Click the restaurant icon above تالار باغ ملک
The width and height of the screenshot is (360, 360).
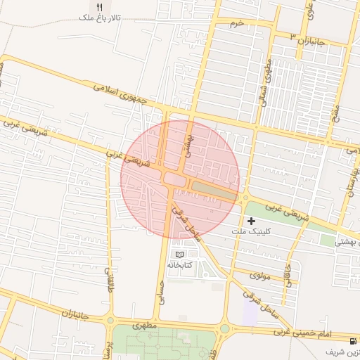tap(99, 6)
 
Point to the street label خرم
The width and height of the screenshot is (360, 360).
tap(237, 23)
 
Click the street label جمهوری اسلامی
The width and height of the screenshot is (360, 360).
tap(122, 95)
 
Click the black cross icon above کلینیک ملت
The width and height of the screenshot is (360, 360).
tap(251, 221)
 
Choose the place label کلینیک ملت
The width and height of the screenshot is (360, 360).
tap(249, 231)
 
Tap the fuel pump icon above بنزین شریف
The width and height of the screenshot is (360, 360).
tap(331, 351)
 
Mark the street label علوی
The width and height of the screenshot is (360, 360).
tap(310, 11)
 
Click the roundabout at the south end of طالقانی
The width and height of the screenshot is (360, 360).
tap(110, 321)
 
